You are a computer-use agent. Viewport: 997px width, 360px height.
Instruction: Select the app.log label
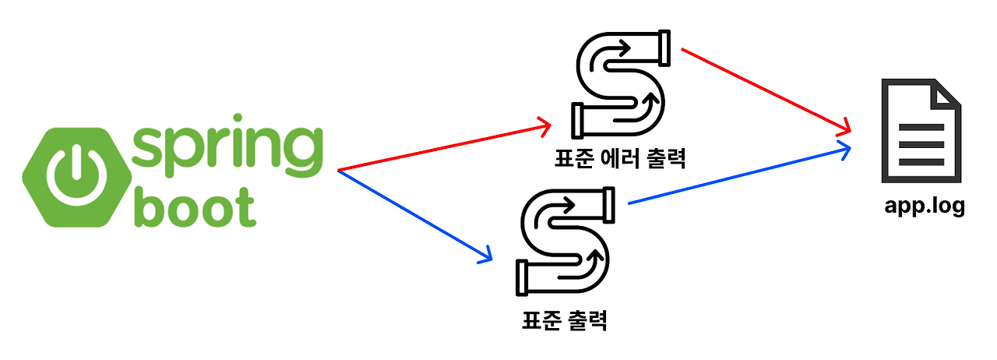pos(925,206)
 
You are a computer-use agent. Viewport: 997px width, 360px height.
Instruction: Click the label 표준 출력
pos(564,319)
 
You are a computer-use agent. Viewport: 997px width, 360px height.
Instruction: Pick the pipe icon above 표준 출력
pos(565,241)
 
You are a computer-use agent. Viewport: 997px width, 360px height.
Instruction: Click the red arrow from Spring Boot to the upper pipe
pos(444,146)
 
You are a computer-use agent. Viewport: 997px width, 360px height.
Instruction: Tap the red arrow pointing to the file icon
pos(763,87)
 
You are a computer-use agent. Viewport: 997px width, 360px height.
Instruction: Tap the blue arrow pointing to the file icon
pos(736,175)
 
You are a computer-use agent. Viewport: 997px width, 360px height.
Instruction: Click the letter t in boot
pos(245,204)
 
